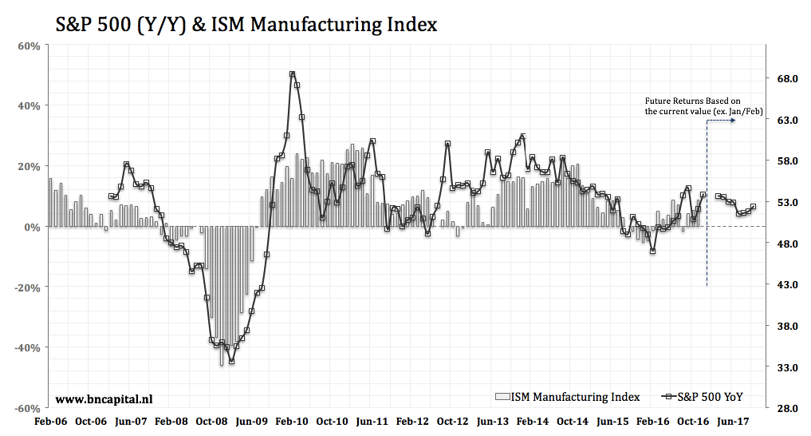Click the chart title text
[x=246, y=24]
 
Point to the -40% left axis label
[x=28, y=347]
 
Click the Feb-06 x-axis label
[x=50, y=422]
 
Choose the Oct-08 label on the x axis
[x=212, y=422]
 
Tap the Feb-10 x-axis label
[x=293, y=422]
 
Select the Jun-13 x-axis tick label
[x=494, y=422]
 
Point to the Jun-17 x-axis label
[x=733, y=422]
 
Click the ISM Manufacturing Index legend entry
[x=567, y=397]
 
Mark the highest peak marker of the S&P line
[x=293, y=74]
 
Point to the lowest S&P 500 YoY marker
[x=231, y=361]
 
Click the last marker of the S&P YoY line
[x=754, y=207]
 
